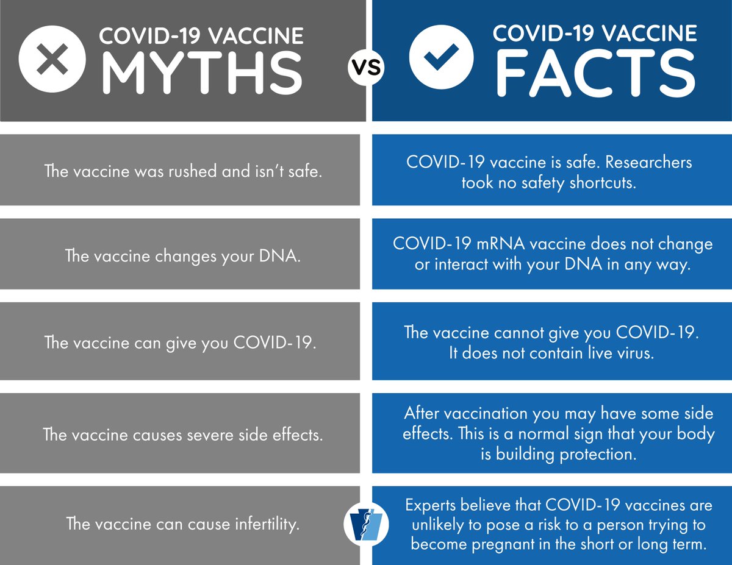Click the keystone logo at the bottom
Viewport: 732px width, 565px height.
pyautogui.click(x=367, y=522)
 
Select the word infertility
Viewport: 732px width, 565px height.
pyautogui.click(x=262, y=524)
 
